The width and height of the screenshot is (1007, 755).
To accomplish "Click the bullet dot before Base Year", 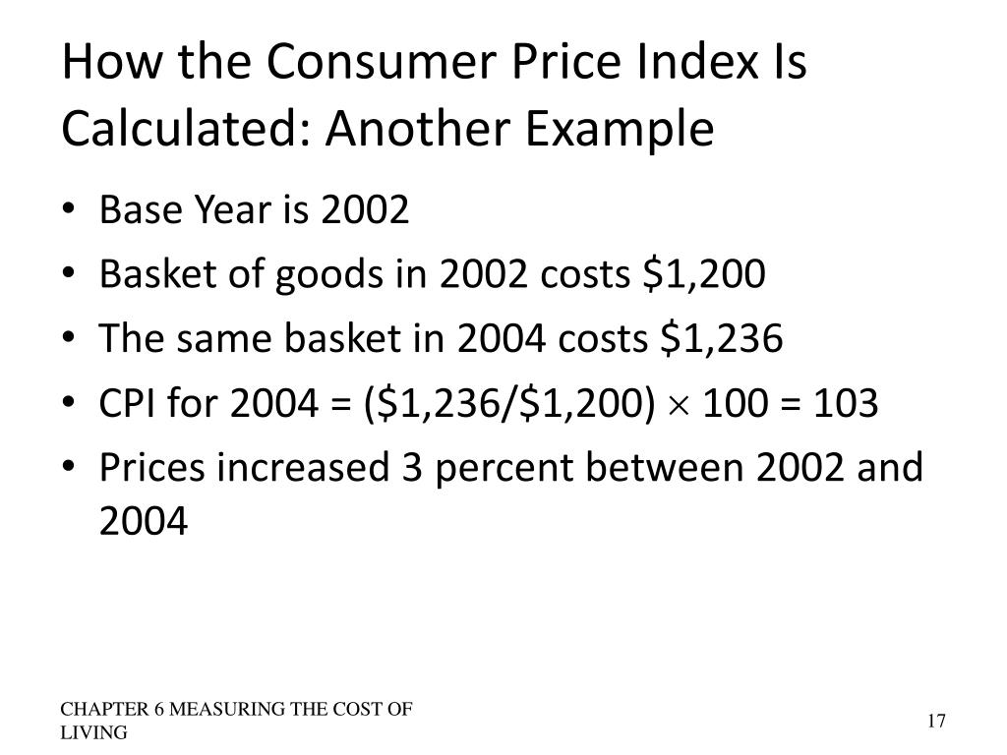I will (78, 210).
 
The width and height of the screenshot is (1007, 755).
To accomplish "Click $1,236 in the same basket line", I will (722, 339).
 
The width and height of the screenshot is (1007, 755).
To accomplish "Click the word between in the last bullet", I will (668, 468).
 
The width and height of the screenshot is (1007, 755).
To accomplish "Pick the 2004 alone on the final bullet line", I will (143, 521).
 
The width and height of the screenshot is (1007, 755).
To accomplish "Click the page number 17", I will (935, 722).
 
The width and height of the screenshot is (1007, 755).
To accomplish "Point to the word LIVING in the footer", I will (93, 733).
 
